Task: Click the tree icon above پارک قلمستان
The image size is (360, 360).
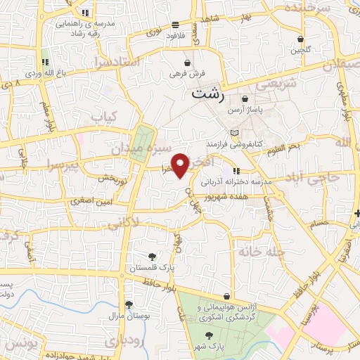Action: [x=153, y=257]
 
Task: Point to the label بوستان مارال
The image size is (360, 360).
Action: [x=129, y=316]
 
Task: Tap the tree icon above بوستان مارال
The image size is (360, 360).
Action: [x=129, y=304]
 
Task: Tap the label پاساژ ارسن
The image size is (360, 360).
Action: [x=244, y=111]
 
